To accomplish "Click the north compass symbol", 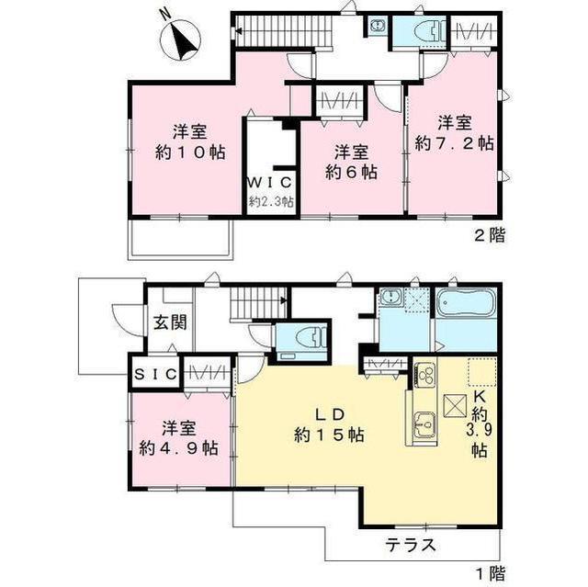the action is [180, 39].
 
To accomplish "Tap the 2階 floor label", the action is [490, 236].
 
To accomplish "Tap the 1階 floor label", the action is [491, 573].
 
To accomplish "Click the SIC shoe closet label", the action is [155, 374].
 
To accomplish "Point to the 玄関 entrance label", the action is [170, 322].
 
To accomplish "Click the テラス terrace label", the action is [412, 545].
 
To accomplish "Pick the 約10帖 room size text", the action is [190, 152].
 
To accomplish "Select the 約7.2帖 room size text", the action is [454, 143].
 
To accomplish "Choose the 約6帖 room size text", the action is [351, 172].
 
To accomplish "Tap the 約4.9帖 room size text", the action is [179, 447].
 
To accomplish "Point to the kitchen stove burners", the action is [425, 374].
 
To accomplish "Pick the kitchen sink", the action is [424, 425].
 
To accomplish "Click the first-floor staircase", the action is [259, 304].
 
